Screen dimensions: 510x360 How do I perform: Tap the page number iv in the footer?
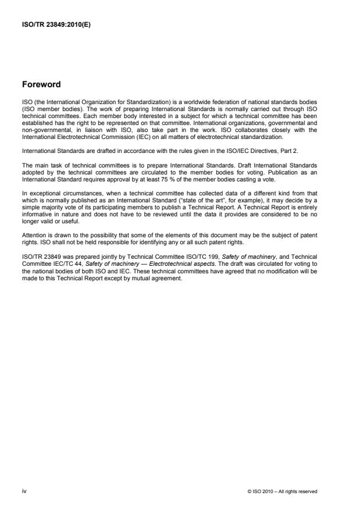24,491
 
